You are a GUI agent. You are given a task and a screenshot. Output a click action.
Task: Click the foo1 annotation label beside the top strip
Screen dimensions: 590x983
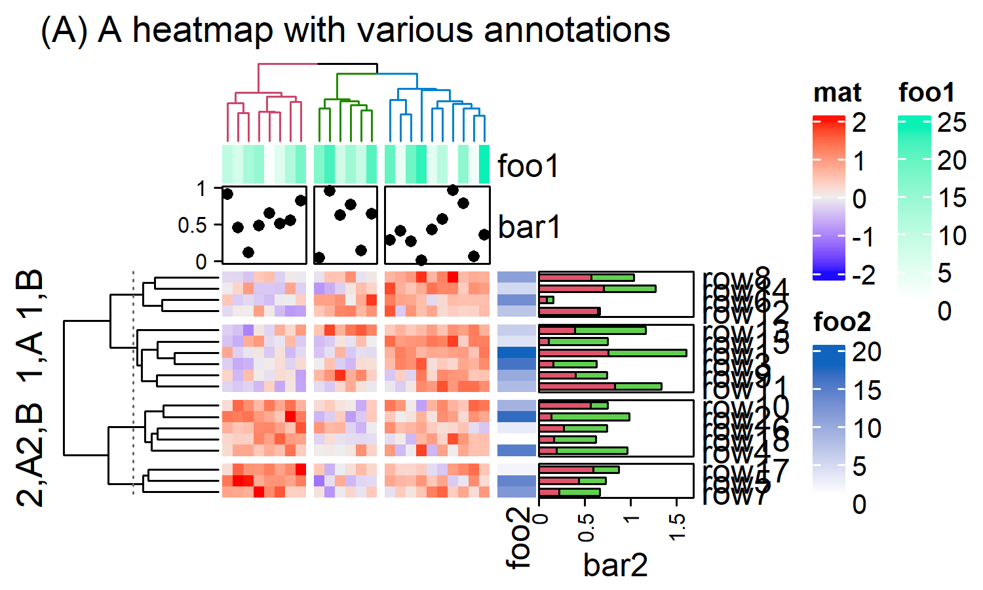point(528,166)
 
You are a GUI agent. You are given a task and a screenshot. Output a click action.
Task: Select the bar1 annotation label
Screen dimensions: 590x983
point(530,227)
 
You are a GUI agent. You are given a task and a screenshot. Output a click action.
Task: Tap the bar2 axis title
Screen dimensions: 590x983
point(615,564)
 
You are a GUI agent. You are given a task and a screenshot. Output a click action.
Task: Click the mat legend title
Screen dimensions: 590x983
point(837,93)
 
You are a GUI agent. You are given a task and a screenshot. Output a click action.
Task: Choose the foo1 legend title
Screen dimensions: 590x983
point(927,93)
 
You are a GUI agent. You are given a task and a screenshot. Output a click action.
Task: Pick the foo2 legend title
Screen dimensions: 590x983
point(842,322)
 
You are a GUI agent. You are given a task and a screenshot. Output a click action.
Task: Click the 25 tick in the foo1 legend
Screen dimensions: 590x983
point(952,123)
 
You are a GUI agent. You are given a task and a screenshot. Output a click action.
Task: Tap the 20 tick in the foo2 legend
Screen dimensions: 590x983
point(866,353)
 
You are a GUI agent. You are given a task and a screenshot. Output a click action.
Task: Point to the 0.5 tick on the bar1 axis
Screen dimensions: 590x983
point(191,226)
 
